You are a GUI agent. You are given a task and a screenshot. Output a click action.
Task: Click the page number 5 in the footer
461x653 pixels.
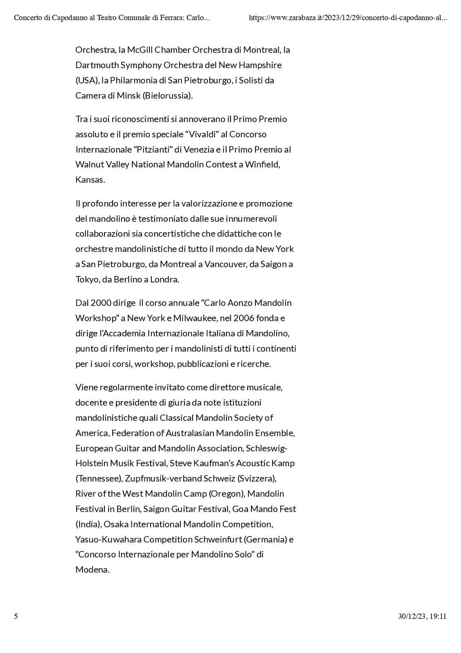(16, 616)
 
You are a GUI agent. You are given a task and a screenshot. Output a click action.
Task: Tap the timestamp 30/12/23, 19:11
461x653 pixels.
(422, 616)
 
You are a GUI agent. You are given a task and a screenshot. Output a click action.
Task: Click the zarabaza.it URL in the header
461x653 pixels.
(347, 18)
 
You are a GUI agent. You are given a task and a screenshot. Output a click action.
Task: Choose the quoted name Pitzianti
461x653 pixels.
(156, 149)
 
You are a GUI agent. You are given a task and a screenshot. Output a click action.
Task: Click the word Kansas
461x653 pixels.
(90, 180)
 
